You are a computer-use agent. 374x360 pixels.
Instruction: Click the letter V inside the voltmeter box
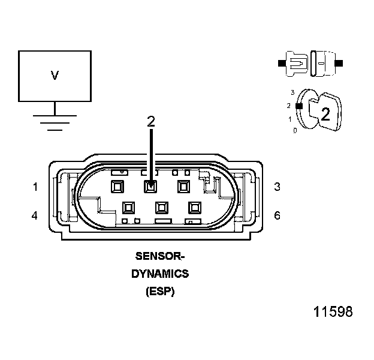(55, 76)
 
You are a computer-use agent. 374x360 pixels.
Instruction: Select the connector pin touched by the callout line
(150, 187)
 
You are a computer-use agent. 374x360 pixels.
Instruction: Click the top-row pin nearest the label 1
(117, 187)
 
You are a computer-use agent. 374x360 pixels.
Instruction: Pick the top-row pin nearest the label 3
(184, 187)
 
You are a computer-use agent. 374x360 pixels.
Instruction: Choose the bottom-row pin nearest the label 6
(194, 208)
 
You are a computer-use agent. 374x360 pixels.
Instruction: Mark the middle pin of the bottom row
(161, 208)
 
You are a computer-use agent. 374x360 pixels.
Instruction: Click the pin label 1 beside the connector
(35, 187)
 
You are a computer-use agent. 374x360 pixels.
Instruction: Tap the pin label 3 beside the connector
(277, 187)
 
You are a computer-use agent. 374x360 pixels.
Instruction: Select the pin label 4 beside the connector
(35, 215)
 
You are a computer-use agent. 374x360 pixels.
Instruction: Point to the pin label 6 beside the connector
(277, 215)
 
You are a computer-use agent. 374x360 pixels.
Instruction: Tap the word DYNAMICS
(160, 274)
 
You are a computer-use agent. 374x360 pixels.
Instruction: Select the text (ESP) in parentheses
(160, 292)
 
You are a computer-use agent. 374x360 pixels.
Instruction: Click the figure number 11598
(333, 312)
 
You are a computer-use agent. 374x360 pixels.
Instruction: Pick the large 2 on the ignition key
(325, 115)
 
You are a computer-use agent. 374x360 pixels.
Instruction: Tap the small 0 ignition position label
(295, 130)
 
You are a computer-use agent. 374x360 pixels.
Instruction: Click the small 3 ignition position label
(292, 92)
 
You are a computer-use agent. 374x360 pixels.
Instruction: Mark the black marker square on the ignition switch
(298, 106)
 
